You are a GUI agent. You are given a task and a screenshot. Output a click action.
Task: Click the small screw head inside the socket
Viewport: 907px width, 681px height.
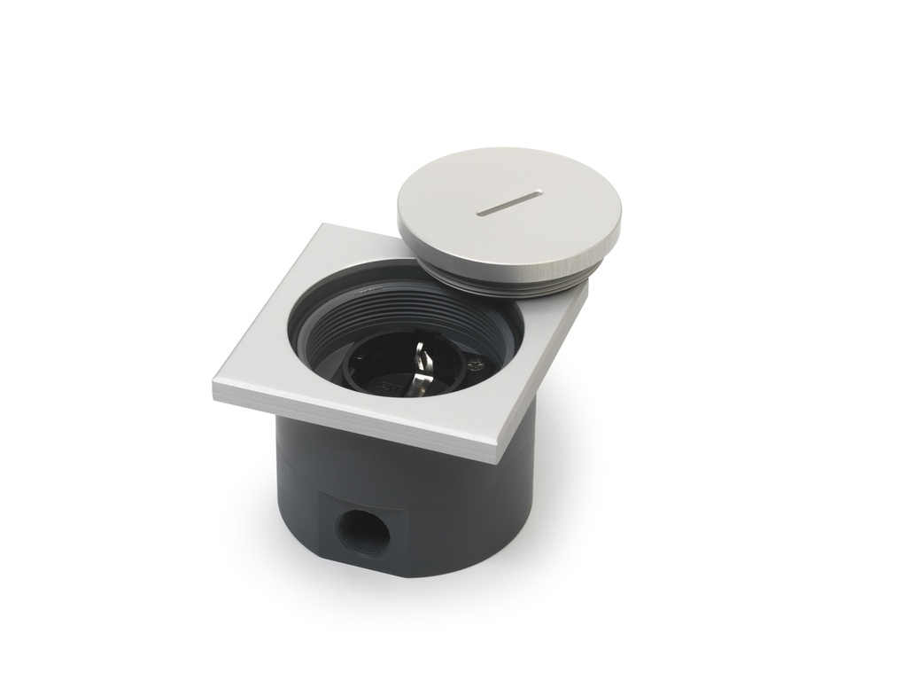tap(476, 363)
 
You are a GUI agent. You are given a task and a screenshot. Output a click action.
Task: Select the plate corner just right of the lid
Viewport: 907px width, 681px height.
tap(585, 289)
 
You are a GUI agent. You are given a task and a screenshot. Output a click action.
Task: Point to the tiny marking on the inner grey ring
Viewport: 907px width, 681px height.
tap(372, 289)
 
